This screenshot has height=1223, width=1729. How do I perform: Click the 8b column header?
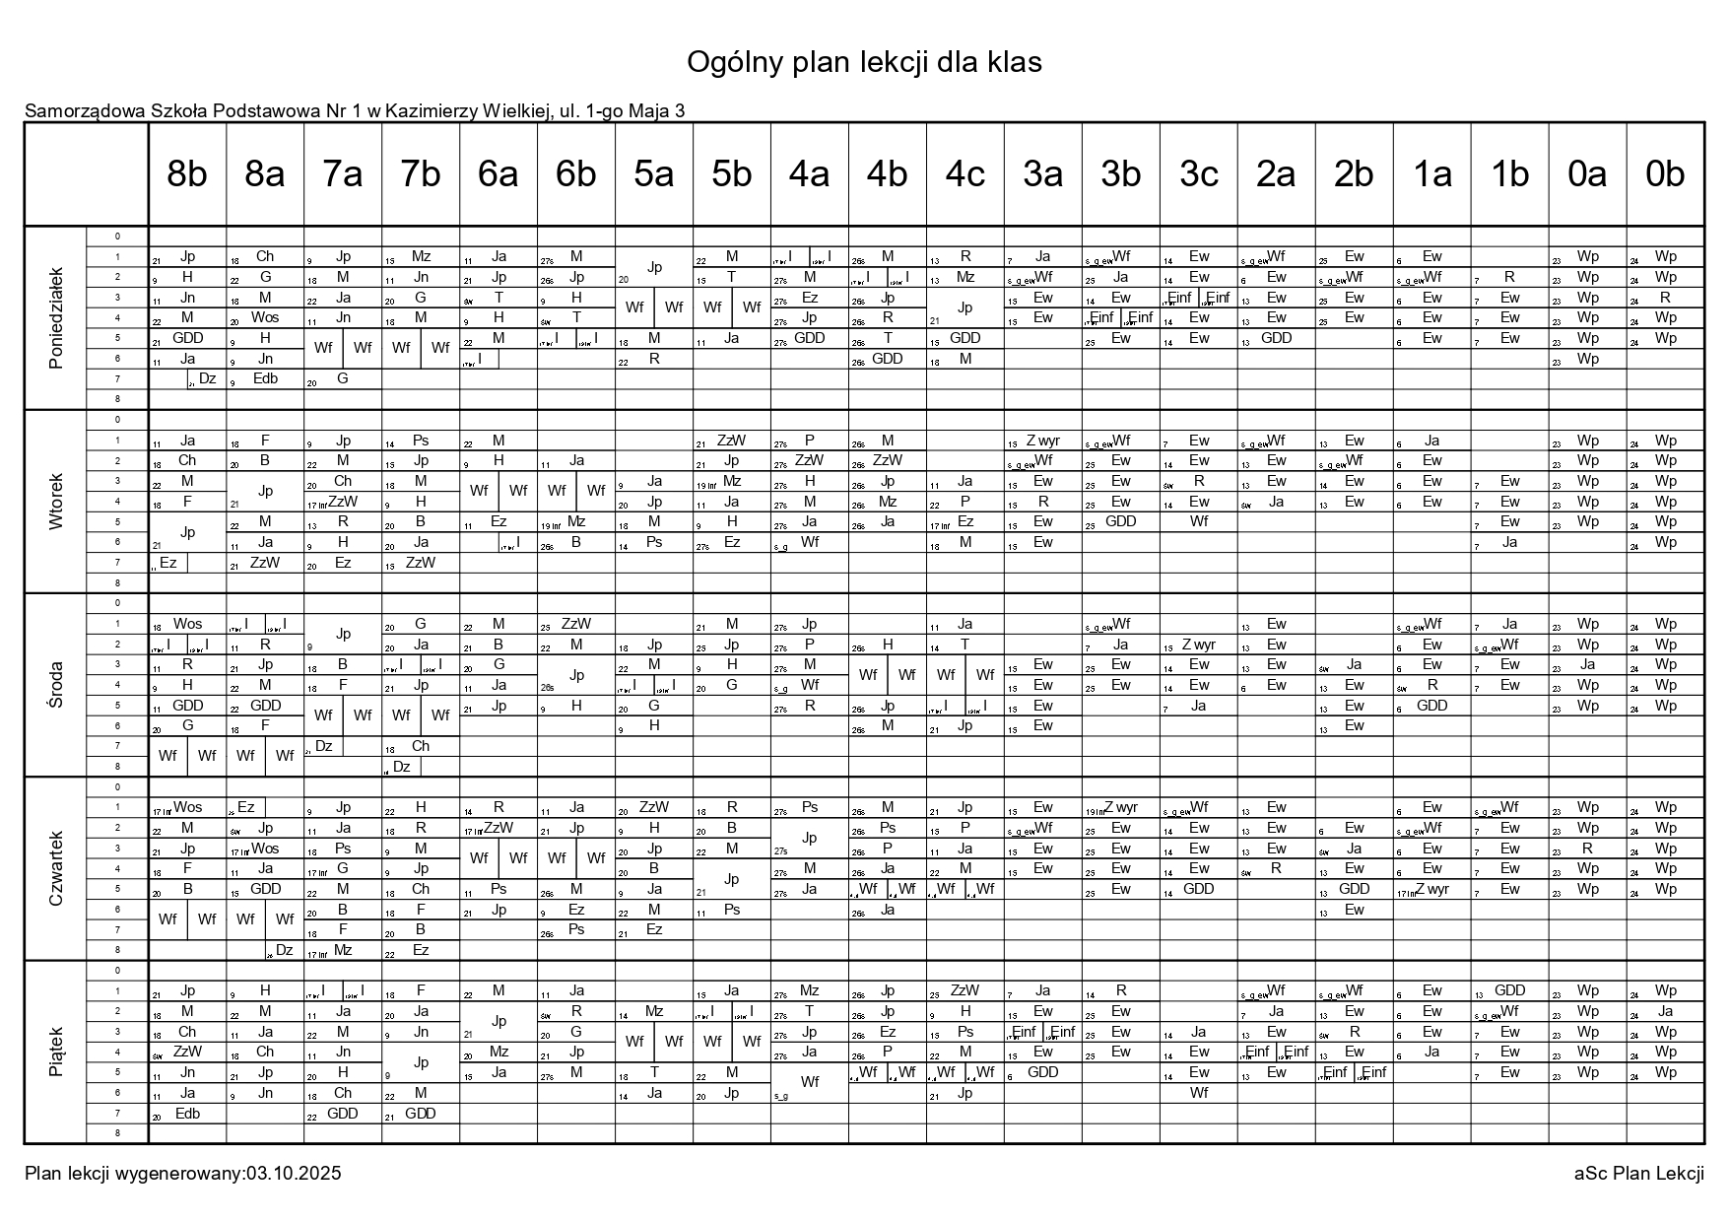pos(187,174)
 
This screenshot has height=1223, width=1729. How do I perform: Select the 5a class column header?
pos(654,174)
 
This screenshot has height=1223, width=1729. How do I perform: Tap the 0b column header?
pos(1665,174)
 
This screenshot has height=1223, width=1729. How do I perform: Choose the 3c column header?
pos(1198,174)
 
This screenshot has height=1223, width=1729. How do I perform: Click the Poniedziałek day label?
pos(56,317)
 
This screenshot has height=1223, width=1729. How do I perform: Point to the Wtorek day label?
pos(56,501)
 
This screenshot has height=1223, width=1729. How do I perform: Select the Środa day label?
pos(56,684)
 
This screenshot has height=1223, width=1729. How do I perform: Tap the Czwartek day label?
pos(56,867)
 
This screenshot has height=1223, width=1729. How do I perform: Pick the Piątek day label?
pos(56,1051)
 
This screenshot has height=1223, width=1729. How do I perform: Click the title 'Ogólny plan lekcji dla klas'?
pos(864,62)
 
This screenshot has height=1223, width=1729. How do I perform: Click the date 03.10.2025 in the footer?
pos(294,1173)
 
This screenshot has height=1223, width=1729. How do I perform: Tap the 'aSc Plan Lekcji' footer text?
pos(1638,1173)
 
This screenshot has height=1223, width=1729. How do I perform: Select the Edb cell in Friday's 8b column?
pos(187,1113)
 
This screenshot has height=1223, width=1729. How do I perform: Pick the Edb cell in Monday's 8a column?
pos(265,378)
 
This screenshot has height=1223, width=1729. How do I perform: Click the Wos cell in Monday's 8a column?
pos(265,317)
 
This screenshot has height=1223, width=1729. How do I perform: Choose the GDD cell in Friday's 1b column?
pos(1509,990)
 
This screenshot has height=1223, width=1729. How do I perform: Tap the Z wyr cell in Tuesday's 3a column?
pos(1042,441)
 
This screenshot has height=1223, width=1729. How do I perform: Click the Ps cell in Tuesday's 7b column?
pos(421,441)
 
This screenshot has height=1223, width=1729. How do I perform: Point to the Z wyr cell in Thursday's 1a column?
pos(1431,889)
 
